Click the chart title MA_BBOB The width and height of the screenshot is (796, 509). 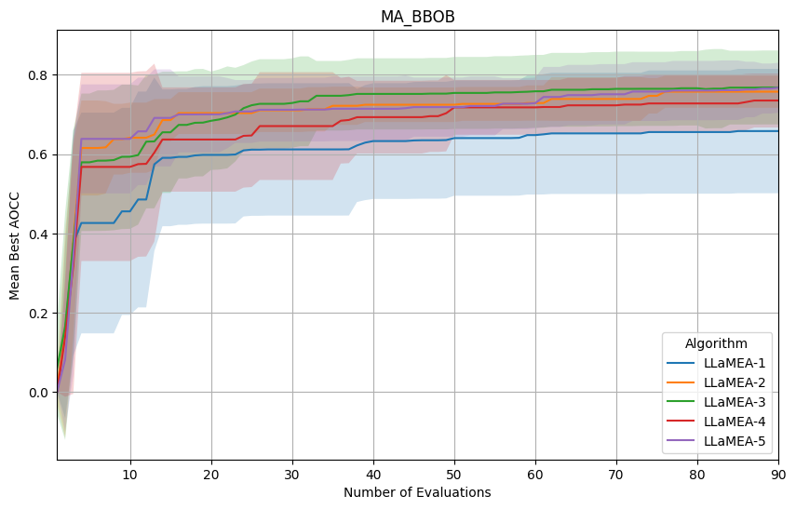click(417, 17)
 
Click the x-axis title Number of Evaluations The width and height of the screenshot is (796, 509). click(417, 492)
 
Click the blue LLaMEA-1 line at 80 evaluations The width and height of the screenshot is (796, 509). click(697, 132)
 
